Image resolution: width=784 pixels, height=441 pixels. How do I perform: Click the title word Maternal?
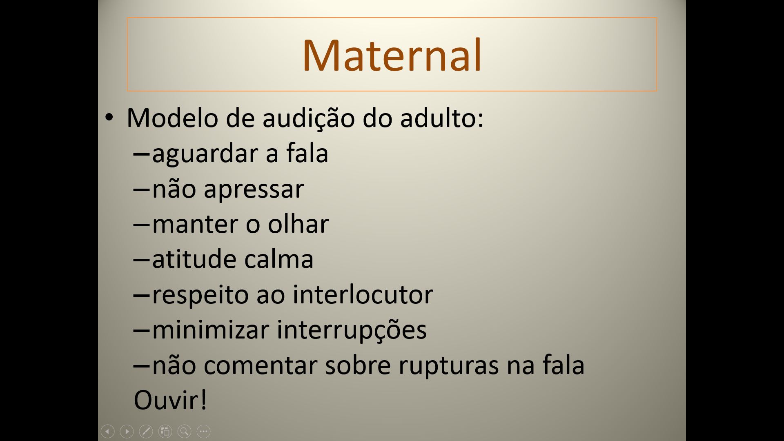click(x=392, y=55)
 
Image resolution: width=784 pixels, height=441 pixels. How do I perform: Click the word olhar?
click(x=298, y=224)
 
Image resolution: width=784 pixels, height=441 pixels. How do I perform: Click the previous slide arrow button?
click(x=107, y=431)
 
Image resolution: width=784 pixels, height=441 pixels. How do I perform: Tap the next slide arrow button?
click(x=127, y=431)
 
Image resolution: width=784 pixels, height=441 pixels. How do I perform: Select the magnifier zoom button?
click(x=184, y=431)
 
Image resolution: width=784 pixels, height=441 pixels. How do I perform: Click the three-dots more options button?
click(x=203, y=431)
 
